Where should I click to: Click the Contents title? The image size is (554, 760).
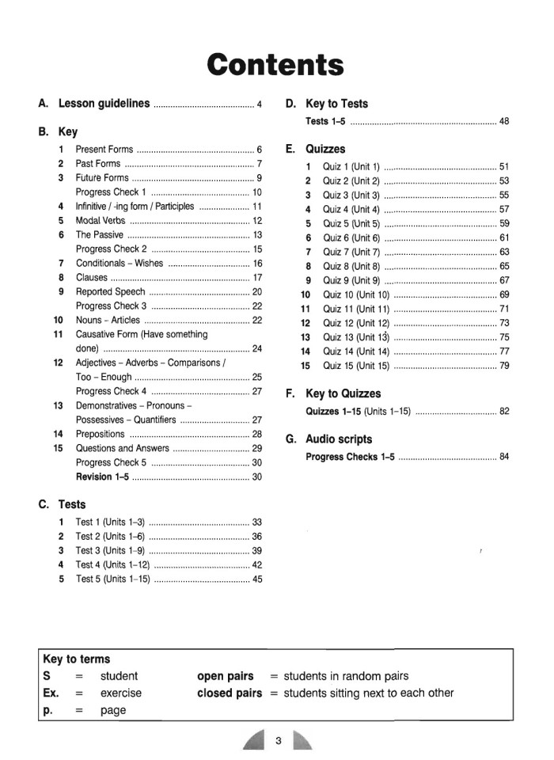click(x=275, y=63)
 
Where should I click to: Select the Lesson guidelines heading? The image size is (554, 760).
click(x=104, y=104)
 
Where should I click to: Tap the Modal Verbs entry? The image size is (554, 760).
click(x=101, y=221)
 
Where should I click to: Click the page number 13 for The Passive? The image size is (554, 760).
click(x=257, y=235)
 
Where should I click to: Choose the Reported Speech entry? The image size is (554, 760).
click(x=111, y=292)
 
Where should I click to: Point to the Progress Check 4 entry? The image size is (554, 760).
click(x=111, y=391)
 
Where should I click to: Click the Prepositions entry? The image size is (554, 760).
click(x=100, y=434)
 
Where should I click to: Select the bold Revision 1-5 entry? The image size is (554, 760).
click(x=104, y=477)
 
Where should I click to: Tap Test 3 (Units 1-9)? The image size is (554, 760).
click(x=108, y=550)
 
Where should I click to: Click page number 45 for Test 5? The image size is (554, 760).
click(x=257, y=579)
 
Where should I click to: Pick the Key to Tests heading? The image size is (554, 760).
click(x=336, y=104)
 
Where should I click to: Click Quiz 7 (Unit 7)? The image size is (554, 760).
click(x=351, y=252)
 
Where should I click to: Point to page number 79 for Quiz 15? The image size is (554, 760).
click(x=504, y=366)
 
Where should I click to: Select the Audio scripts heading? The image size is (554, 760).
click(x=338, y=439)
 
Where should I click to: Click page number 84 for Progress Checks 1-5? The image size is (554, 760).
click(x=504, y=458)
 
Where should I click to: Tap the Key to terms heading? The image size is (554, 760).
click(x=77, y=659)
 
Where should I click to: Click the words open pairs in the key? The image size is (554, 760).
click(x=225, y=676)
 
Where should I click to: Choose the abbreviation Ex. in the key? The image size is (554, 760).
click(x=51, y=693)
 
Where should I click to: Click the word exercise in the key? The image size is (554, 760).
click(x=121, y=693)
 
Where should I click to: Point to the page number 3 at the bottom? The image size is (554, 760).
click(x=279, y=741)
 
